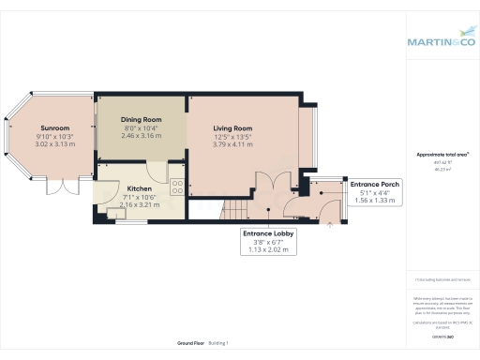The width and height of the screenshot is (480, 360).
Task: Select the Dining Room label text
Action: (141, 120)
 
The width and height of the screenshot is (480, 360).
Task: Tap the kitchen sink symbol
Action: (116, 214)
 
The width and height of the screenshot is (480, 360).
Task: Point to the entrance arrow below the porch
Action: (329, 225)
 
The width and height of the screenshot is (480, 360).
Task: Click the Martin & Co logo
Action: (442, 41)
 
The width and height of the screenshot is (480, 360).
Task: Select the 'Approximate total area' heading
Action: (442, 154)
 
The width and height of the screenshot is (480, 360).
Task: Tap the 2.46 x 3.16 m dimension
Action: (141, 137)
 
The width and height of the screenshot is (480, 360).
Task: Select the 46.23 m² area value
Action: (442, 170)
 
